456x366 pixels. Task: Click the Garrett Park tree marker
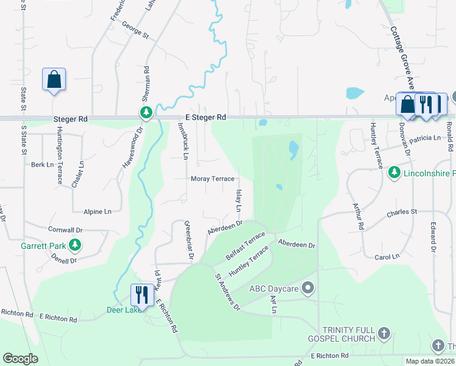click(75, 245)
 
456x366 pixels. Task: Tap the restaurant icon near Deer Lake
click(141, 295)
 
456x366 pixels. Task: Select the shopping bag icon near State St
click(54, 79)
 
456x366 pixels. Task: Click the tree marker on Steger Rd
click(146, 112)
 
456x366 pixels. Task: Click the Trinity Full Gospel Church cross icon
click(383, 333)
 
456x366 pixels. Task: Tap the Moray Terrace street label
click(212, 179)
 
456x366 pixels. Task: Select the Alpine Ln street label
click(98, 211)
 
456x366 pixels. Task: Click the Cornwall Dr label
click(65, 230)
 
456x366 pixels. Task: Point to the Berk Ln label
click(43, 165)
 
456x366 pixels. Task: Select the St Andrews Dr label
click(227, 292)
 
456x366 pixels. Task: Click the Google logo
click(20, 359)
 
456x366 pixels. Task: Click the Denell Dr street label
click(64, 260)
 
